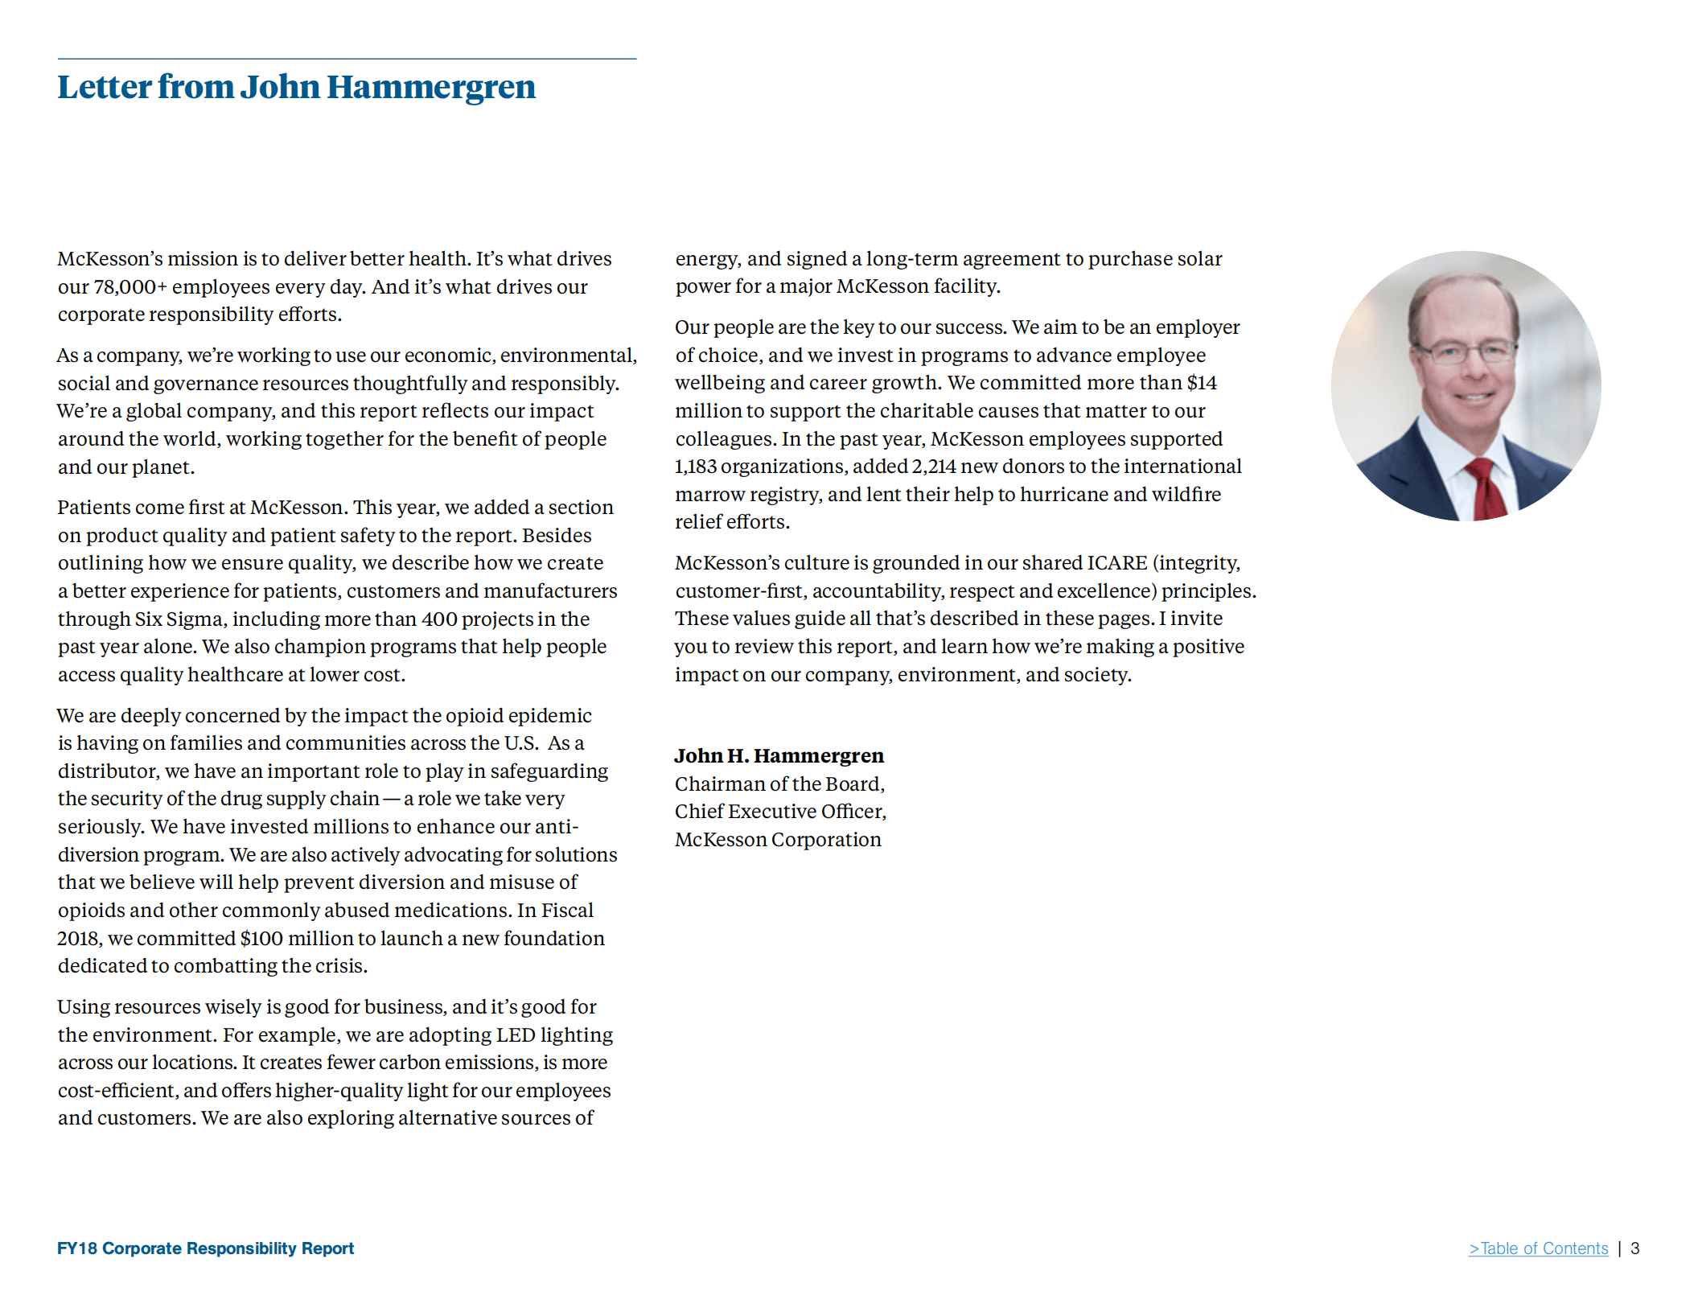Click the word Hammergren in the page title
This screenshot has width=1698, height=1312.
click(430, 87)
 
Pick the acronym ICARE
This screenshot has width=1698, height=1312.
click(1117, 563)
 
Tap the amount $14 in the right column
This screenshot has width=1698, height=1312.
click(1202, 383)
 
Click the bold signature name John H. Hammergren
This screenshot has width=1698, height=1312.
click(779, 756)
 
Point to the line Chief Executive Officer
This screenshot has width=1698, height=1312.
click(779, 812)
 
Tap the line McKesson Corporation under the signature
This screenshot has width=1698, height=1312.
click(778, 840)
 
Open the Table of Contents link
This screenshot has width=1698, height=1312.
click(1538, 1248)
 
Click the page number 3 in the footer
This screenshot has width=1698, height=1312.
click(1634, 1248)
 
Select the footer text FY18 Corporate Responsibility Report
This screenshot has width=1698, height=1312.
click(205, 1248)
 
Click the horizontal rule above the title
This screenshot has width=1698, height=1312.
click(346, 59)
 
